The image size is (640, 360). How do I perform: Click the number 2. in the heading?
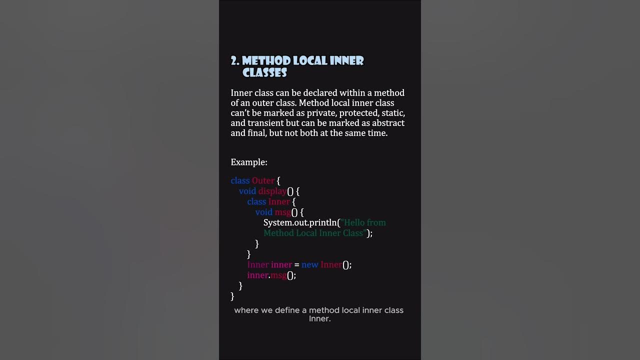235,61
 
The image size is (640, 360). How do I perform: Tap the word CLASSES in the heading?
264,73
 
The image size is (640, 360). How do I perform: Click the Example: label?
249,162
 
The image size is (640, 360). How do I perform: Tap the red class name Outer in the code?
263,180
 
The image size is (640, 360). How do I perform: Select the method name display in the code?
272,191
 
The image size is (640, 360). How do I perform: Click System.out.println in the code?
300,222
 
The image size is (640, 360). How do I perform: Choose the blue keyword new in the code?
309,264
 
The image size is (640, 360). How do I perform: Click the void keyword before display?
247,191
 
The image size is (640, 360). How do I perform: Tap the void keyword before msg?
263,212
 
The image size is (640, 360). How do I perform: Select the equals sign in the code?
296,265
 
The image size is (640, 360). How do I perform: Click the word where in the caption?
246,310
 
